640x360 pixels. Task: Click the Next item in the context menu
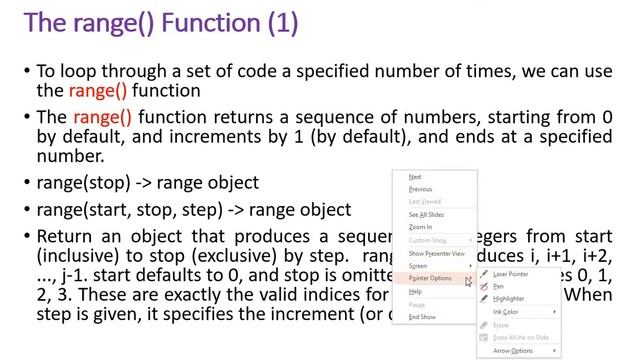pos(416,177)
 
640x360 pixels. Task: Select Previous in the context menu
pos(421,189)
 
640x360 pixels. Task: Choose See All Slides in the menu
pos(427,215)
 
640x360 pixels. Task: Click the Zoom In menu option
pos(421,227)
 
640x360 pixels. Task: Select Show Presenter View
pos(437,254)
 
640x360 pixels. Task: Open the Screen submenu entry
pos(418,266)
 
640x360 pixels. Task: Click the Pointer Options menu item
pos(431,278)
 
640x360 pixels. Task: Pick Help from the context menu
pos(416,291)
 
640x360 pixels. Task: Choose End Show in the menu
pos(422,317)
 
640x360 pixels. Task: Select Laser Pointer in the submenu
pos(511,274)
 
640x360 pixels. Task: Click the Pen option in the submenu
pos(499,286)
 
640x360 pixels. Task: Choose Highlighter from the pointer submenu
pos(509,299)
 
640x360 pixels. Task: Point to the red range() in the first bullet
pos(98,91)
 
